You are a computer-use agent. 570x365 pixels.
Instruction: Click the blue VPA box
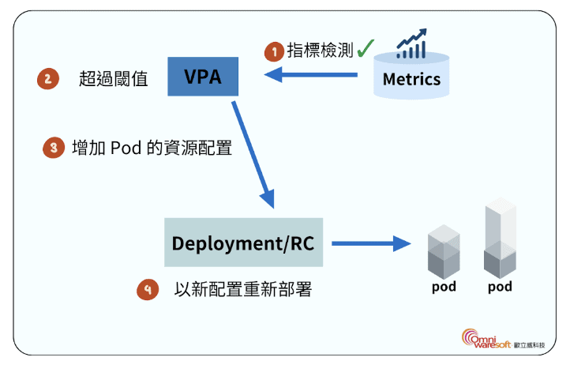[203, 77]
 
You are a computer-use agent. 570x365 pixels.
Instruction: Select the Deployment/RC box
[243, 243]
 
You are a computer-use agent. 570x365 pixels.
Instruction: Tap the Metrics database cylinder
[411, 77]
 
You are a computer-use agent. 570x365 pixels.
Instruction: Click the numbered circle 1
[274, 52]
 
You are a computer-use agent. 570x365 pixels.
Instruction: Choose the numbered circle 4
[147, 289]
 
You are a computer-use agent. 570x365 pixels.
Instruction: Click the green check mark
[365, 50]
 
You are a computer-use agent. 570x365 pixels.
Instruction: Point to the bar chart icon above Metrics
[411, 45]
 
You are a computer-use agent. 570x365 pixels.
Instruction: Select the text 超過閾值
[114, 79]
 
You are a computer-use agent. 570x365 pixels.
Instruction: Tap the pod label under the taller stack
[500, 286]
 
